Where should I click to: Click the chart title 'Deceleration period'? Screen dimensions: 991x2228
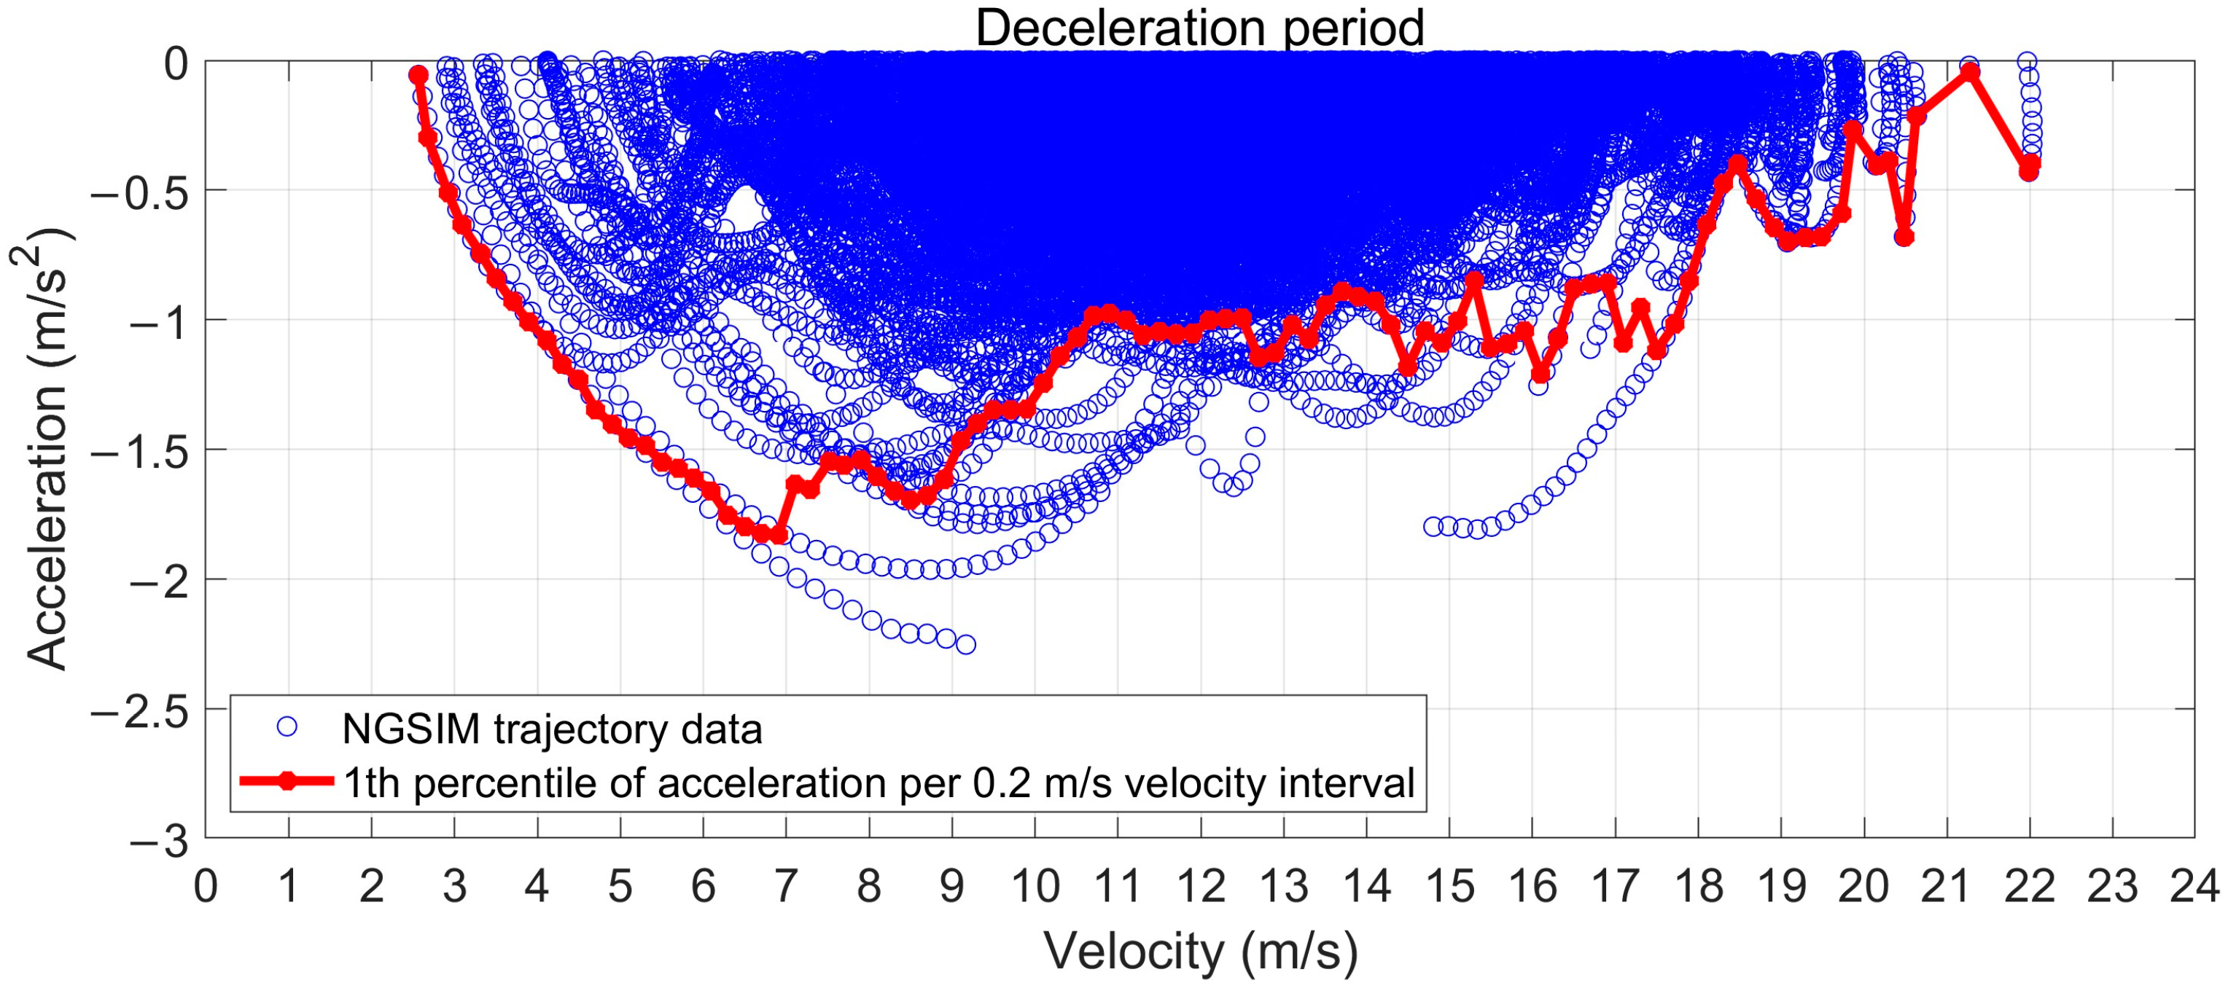point(1199,28)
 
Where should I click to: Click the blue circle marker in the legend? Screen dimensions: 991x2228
point(287,728)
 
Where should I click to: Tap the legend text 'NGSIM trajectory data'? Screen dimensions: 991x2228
point(552,729)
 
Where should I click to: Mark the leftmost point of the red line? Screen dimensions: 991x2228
point(418,75)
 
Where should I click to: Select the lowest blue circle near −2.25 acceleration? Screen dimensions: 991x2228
point(966,644)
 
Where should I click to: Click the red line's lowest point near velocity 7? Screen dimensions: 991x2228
point(779,536)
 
